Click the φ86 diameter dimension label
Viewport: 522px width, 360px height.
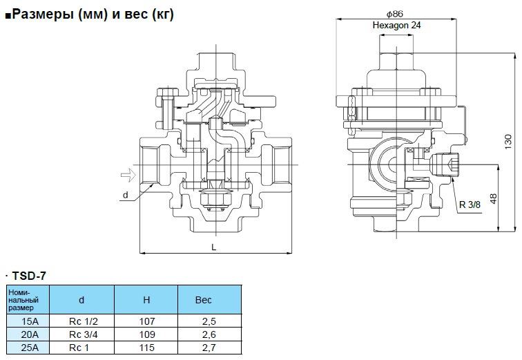[395, 14]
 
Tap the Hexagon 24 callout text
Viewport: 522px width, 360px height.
[396, 25]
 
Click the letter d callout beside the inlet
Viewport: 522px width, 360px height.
[125, 196]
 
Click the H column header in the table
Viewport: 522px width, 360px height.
[146, 301]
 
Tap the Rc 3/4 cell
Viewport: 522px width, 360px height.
[81, 334]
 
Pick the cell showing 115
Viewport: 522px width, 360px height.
[146, 346]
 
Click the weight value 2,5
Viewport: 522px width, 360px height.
[209, 321]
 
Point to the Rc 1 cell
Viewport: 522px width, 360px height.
[81, 346]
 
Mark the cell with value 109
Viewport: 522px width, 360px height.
[146, 334]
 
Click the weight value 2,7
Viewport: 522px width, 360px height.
[209, 346]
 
